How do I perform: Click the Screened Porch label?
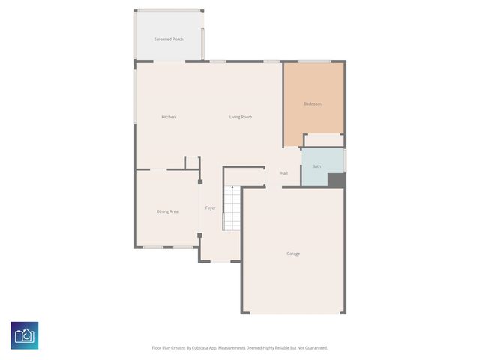coord(168,39)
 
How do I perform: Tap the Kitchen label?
coord(169,117)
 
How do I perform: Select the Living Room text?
coord(240,117)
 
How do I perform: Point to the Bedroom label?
coord(312,103)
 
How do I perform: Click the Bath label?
coord(316,166)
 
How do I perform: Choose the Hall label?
coord(284,173)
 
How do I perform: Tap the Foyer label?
coord(211,208)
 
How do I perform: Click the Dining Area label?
coord(167,211)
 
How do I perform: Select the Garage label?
coord(293,253)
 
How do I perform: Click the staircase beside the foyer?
coord(231,208)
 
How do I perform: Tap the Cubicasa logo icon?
coord(25,335)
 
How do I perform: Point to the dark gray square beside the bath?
coord(336,180)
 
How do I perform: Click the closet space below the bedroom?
coord(323,141)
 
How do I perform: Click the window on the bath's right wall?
coord(345,160)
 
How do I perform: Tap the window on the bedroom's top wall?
coord(313,61)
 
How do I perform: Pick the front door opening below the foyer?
coord(220,261)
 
